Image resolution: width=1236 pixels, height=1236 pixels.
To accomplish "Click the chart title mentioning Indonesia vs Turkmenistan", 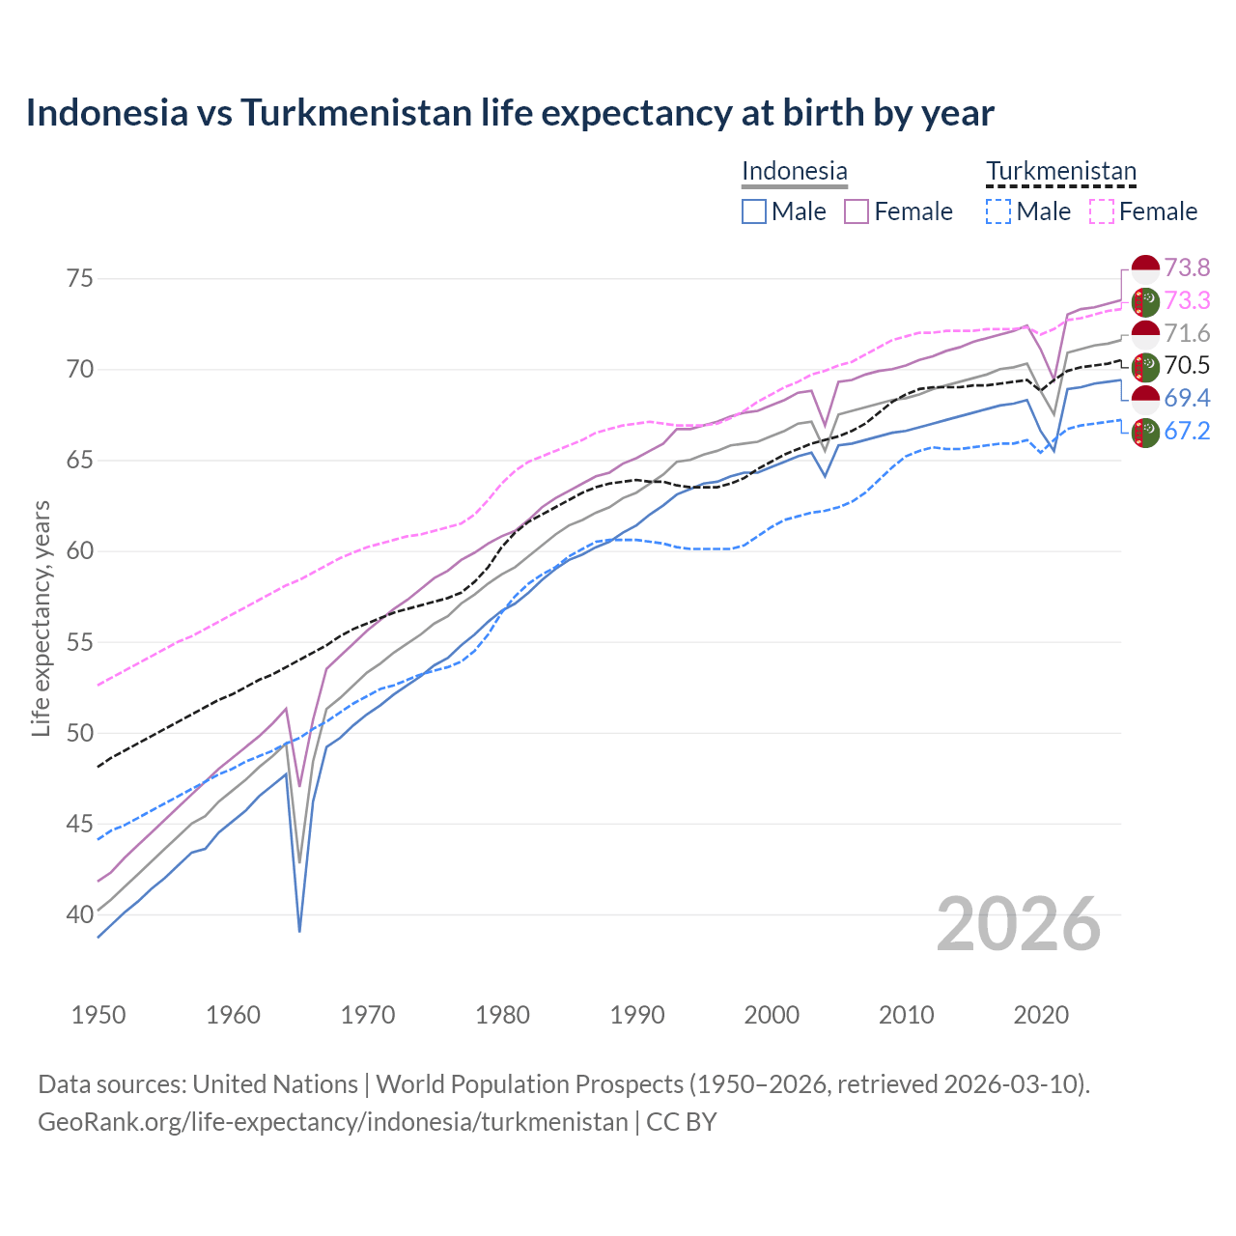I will pyautogui.click(x=509, y=113).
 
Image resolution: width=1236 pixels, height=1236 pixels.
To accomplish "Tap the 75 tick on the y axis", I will pyautogui.click(x=80, y=279).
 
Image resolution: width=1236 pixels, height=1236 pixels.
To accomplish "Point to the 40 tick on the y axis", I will pyautogui.click(x=80, y=914).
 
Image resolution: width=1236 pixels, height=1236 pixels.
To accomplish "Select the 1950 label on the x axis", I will pyautogui.click(x=98, y=1015).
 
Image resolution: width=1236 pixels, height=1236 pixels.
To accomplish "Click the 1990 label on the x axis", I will pyautogui.click(x=637, y=1015).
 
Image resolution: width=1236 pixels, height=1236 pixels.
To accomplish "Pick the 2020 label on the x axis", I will pyautogui.click(x=1041, y=1015).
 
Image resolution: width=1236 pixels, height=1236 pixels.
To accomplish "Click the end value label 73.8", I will pyautogui.click(x=1187, y=267).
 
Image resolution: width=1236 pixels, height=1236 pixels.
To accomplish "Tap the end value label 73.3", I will pyautogui.click(x=1187, y=300).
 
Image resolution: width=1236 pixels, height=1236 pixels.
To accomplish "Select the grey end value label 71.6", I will pyautogui.click(x=1187, y=333).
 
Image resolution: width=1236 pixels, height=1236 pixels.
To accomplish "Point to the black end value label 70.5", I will pyautogui.click(x=1187, y=365).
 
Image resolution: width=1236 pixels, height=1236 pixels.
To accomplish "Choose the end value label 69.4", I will pyautogui.click(x=1187, y=398).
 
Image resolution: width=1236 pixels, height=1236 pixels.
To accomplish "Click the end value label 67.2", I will pyautogui.click(x=1187, y=431).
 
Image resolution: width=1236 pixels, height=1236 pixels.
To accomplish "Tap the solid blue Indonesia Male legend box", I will pyautogui.click(x=754, y=211).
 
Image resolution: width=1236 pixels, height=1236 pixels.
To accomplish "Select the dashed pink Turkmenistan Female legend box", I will pyautogui.click(x=1102, y=211).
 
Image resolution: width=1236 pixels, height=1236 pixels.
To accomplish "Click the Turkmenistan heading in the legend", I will pyautogui.click(x=1060, y=171).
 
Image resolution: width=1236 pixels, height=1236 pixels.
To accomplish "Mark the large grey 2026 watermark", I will pyautogui.click(x=1018, y=924).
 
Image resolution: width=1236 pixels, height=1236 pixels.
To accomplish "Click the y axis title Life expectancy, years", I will pyautogui.click(x=42, y=618).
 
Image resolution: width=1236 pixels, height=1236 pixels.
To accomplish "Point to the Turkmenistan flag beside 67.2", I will pyautogui.click(x=1145, y=433).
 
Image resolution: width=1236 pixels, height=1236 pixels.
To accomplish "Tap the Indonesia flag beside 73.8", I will pyautogui.click(x=1145, y=269).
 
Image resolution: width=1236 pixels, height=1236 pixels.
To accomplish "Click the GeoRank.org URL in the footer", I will pyautogui.click(x=332, y=1122).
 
